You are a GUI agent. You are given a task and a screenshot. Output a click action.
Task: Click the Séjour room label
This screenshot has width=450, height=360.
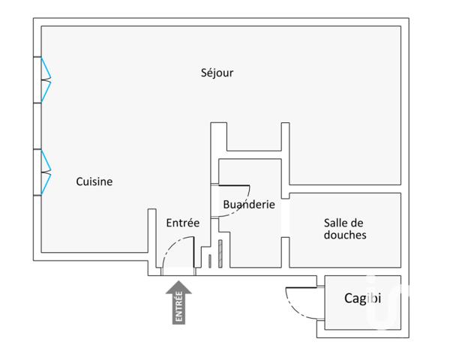(x=217, y=73)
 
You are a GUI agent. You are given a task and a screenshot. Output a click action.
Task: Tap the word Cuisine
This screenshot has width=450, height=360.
(x=94, y=181)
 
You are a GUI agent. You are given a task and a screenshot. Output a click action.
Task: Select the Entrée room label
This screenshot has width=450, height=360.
(x=182, y=222)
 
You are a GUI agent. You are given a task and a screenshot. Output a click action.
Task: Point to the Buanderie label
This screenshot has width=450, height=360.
(x=248, y=204)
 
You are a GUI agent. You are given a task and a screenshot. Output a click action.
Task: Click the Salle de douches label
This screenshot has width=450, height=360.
(x=345, y=229)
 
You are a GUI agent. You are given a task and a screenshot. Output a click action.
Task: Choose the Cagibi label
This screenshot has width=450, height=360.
(x=362, y=298)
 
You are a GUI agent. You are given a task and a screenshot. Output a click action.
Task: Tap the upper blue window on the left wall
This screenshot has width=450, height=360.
(x=46, y=79)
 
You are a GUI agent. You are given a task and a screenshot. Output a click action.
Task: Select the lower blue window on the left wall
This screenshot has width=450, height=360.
(x=46, y=172)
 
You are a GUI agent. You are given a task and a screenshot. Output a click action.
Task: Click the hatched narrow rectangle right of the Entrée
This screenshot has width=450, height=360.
(x=220, y=253)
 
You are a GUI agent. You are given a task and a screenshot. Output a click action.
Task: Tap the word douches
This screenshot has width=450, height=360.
(x=345, y=235)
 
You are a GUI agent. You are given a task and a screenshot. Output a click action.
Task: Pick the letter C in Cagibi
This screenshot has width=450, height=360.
(x=349, y=298)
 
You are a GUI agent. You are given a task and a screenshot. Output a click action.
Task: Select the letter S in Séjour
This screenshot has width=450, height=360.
(x=205, y=73)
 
